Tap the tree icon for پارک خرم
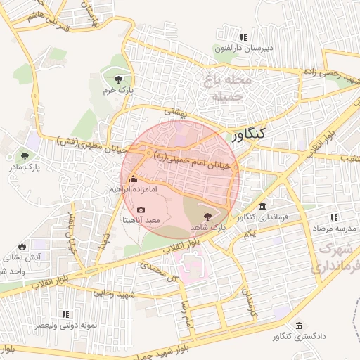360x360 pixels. click(x=117, y=79)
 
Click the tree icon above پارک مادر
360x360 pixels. click(x=26, y=156)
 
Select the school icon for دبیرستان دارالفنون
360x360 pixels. click(x=243, y=37)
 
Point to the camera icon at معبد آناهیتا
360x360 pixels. click(x=141, y=210)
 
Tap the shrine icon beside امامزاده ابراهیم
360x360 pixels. click(x=134, y=179)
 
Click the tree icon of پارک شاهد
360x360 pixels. click(x=207, y=216)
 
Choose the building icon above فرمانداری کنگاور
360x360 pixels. click(x=262, y=207)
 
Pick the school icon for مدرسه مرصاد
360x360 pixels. click(x=335, y=218)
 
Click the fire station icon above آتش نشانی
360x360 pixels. click(x=22, y=246)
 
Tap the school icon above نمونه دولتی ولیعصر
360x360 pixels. click(x=65, y=314)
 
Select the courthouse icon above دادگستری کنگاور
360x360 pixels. click(x=300, y=326)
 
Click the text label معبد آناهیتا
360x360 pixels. click(x=142, y=220)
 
